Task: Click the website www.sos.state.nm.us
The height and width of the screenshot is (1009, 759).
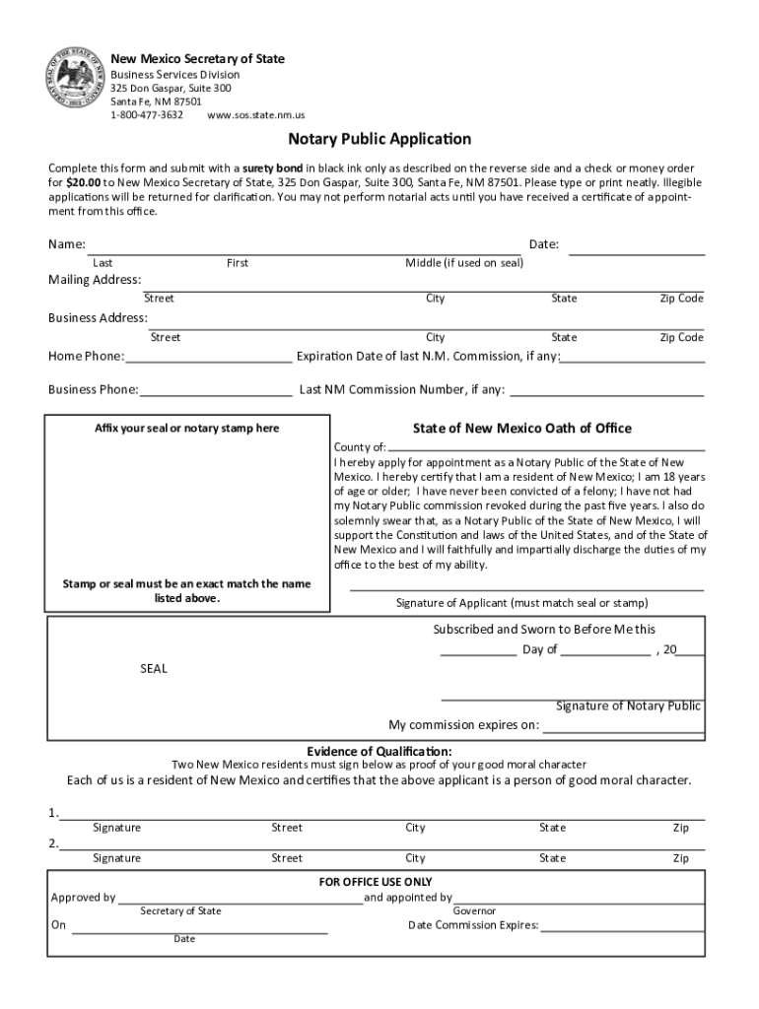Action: (255, 115)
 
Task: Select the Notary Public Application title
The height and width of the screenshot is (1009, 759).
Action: (379, 139)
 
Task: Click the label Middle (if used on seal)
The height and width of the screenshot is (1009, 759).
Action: (464, 263)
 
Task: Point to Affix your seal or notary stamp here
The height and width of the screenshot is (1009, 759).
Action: (186, 429)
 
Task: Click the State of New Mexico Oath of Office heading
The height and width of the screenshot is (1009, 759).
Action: (521, 429)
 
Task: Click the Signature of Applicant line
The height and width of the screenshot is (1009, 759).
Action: (527, 588)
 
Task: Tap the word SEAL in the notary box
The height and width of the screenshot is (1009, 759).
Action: (153, 669)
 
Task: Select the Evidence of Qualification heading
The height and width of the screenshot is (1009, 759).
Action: (379, 751)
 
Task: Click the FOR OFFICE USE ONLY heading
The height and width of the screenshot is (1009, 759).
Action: (375, 882)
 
